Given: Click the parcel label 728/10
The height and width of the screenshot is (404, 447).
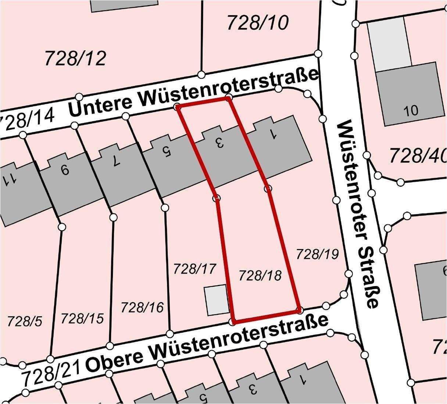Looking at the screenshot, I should (258, 23).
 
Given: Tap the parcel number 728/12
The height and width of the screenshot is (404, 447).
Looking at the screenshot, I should (75, 58).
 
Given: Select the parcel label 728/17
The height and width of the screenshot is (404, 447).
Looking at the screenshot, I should (194, 269).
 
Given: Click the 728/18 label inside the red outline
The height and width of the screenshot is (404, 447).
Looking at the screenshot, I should (260, 275).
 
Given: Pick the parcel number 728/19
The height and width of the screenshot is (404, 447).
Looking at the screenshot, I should (317, 254).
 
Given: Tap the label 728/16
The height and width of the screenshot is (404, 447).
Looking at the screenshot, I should (142, 307).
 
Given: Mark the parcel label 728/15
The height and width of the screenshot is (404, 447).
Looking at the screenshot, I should (82, 318).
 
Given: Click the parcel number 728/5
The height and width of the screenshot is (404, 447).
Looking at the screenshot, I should (24, 321).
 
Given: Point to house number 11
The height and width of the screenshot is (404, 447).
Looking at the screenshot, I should (9, 179).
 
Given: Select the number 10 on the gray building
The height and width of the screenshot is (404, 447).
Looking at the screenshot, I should (411, 110).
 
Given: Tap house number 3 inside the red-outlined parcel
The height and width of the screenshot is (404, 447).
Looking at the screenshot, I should (219, 143).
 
